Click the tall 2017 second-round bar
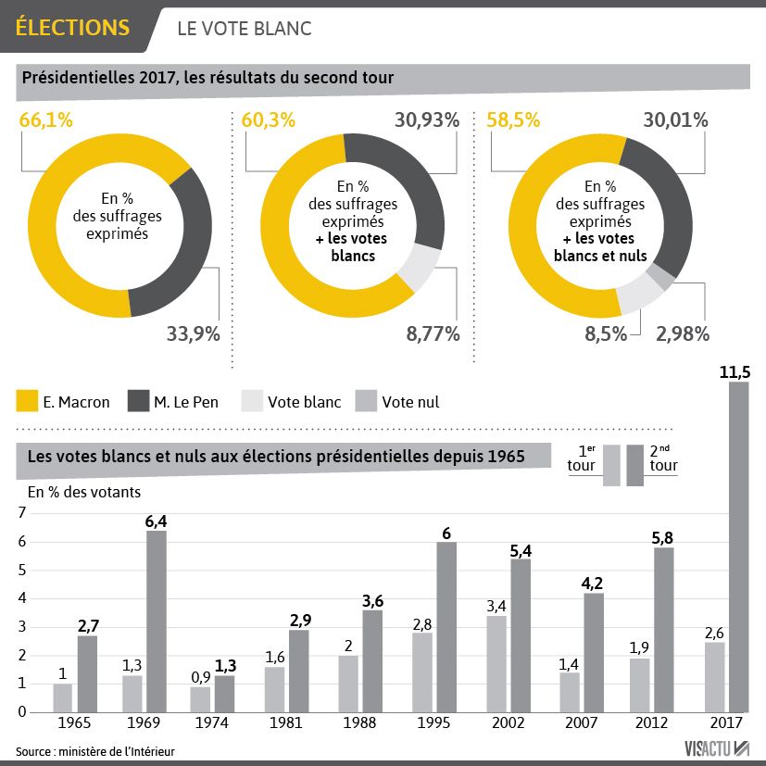click(x=738, y=546)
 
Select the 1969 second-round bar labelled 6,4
click(x=157, y=621)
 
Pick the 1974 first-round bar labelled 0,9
click(x=200, y=698)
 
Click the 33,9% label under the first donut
click(x=193, y=333)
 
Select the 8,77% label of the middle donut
click(x=433, y=333)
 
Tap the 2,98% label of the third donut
click(x=683, y=333)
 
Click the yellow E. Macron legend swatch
click(x=28, y=401)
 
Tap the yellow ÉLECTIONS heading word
click(x=72, y=28)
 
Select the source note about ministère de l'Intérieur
click(x=94, y=749)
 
